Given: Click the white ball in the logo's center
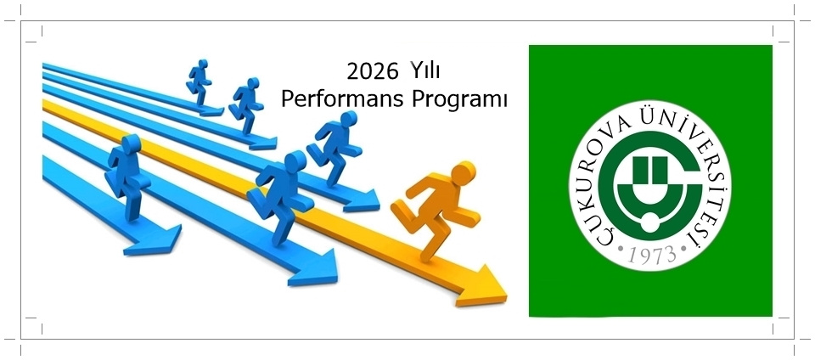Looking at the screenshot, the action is tap(649, 222).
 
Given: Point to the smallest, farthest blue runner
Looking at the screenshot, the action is tap(199, 83).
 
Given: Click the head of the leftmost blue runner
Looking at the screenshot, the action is tap(131, 143).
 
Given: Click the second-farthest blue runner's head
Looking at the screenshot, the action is tap(253, 83).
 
